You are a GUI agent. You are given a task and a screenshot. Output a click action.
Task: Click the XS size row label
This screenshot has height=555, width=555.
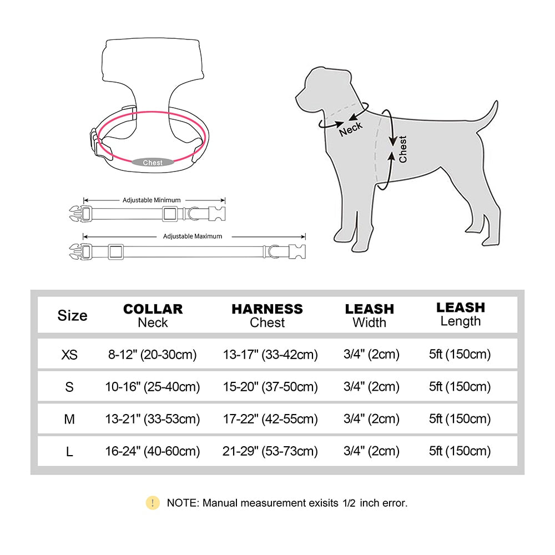tap(69, 354)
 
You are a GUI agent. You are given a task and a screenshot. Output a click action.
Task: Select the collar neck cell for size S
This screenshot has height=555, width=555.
tap(153, 386)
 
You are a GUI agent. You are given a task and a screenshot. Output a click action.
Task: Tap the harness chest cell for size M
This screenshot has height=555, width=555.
tap(270, 419)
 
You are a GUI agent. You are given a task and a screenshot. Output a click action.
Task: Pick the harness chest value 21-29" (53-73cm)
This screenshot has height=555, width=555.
tap(270, 451)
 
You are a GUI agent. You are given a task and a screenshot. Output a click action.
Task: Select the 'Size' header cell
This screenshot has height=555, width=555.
tap(72, 315)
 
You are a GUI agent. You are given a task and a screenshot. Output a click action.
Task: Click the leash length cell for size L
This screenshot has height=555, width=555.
tap(460, 451)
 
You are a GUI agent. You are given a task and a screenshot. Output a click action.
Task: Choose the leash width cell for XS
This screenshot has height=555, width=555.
tap(371, 354)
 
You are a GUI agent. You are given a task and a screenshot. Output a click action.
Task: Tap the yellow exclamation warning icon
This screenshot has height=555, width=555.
tap(152, 503)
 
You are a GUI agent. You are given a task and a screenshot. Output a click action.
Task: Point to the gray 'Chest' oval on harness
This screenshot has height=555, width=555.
tap(153, 163)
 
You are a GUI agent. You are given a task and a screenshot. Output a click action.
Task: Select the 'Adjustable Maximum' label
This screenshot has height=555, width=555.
tap(193, 236)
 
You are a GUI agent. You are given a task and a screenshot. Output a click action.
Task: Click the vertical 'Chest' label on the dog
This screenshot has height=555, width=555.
tap(402, 149)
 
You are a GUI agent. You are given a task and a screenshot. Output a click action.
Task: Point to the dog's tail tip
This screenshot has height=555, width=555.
tap(495, 103)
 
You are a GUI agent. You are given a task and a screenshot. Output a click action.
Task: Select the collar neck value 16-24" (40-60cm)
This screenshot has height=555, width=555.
tap(153, 451)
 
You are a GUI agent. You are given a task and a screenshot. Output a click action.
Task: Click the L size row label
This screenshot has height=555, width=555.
tap(69, 451)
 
